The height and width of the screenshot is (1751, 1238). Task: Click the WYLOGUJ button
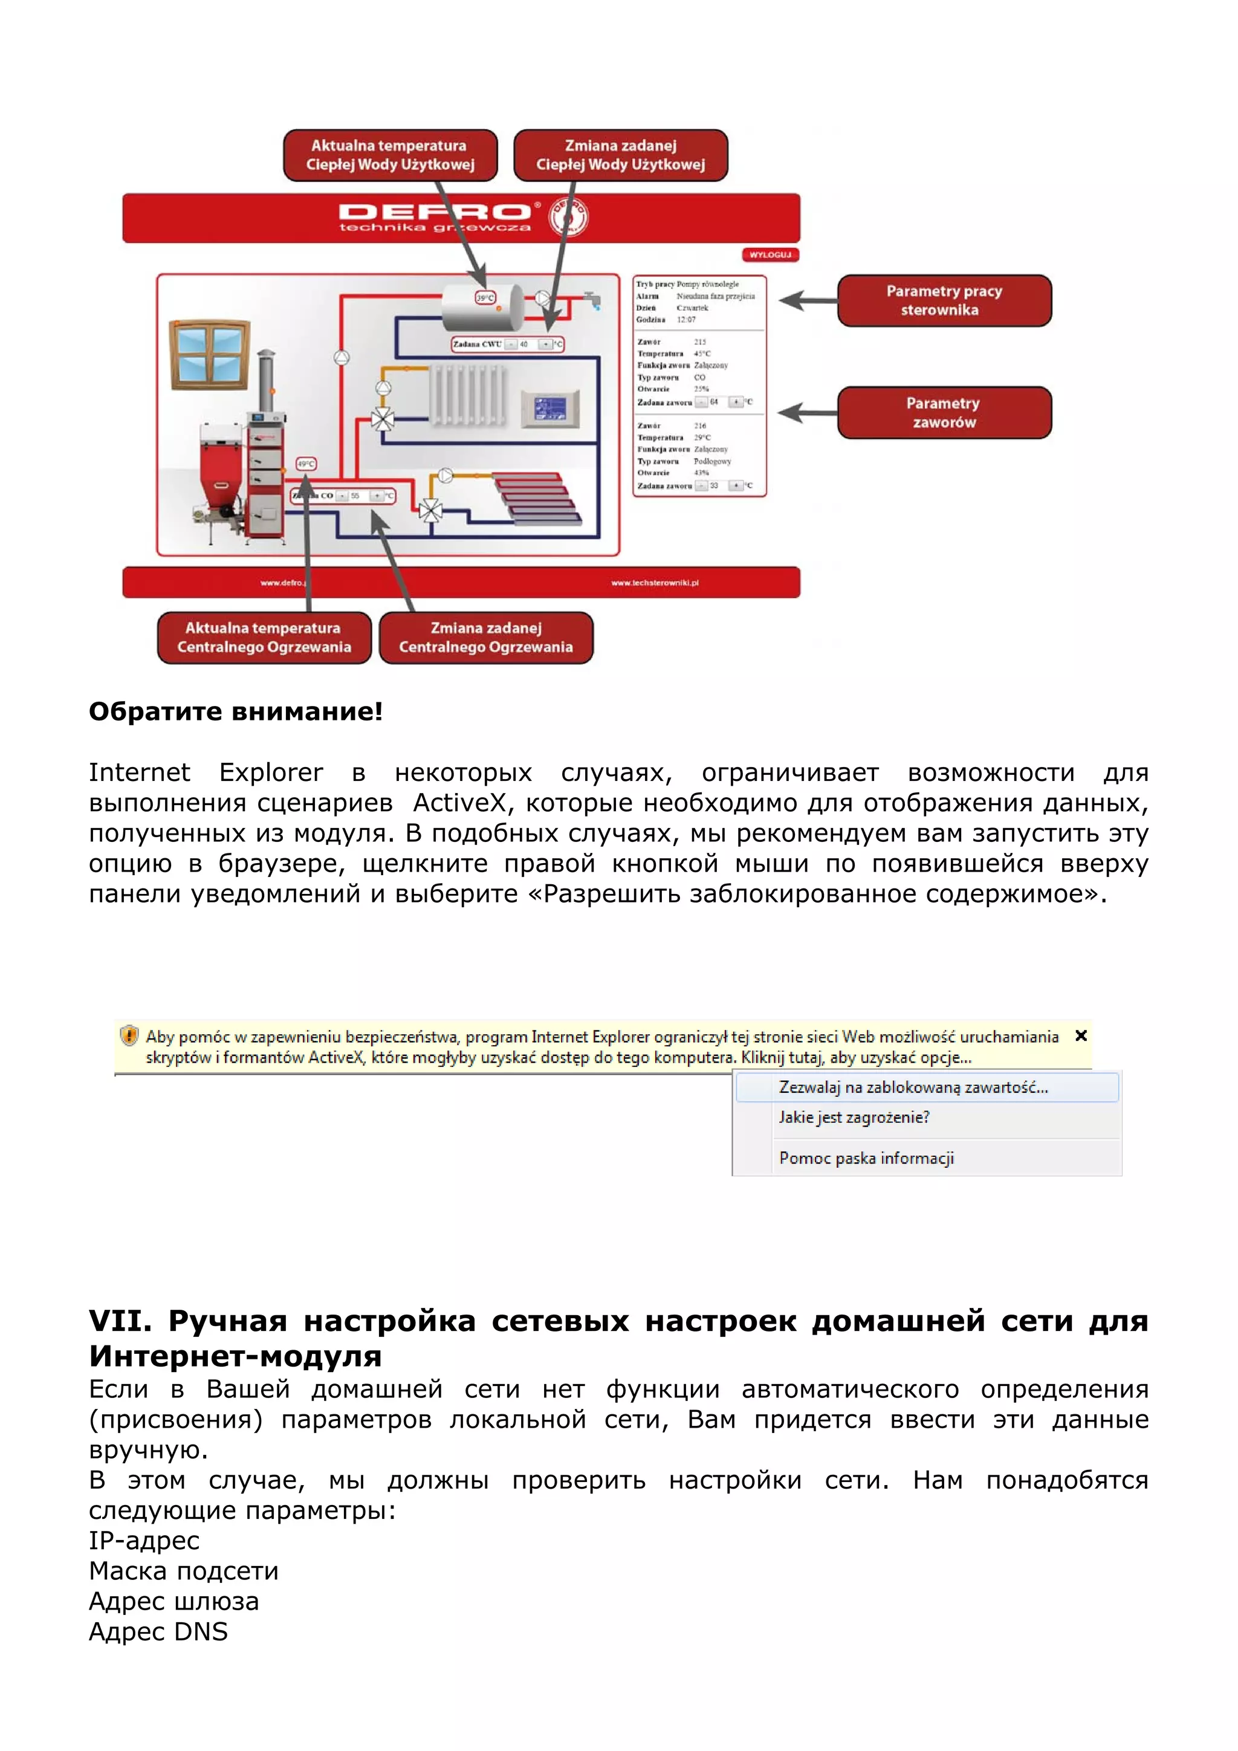coord(770,254)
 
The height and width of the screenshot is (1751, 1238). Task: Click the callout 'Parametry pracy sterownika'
coord(944,300)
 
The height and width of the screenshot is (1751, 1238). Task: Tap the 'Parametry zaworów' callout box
coord(944,413)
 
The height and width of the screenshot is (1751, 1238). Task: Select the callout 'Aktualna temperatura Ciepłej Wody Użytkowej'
coord(390,155)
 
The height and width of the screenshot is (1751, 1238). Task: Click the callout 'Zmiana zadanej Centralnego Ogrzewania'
coord(486,638)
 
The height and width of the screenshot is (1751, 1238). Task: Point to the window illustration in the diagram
coord(209,355)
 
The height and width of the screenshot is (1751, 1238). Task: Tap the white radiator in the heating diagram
coord(468,394)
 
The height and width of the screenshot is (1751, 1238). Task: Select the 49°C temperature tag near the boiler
coord(306,464)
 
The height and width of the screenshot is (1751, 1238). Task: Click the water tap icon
coord(592,299)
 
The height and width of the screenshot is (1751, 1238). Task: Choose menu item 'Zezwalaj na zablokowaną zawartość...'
coord(913,1087)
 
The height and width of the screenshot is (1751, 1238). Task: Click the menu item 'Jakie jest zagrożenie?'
coord(854,1117)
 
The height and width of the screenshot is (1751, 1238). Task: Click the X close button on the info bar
coord(1080,1035)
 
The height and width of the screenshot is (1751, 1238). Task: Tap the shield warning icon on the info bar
coord(129,1035)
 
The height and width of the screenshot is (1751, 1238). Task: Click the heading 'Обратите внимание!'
coord(236,711)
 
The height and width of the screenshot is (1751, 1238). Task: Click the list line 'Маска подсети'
coord(184,1571)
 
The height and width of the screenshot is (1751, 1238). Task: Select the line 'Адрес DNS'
coord(158,1631)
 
